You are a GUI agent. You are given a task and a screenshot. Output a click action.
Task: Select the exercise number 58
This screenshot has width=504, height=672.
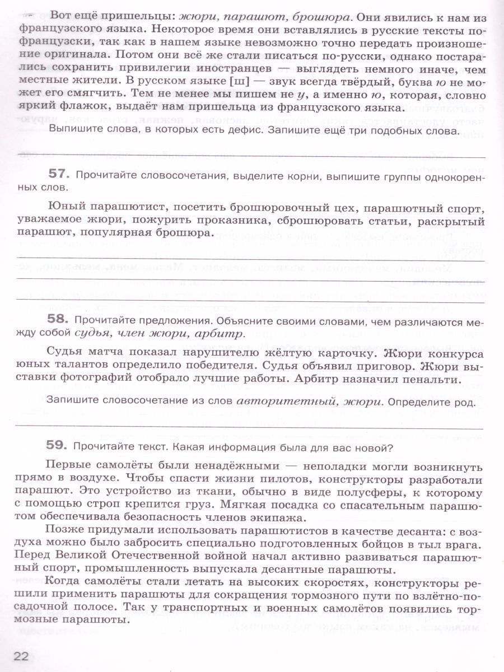point(58,321)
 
